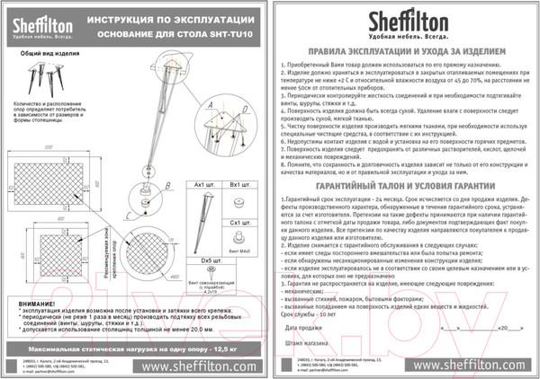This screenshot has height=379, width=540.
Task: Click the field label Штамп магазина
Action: pyautogui.click(x=305, y=341)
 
